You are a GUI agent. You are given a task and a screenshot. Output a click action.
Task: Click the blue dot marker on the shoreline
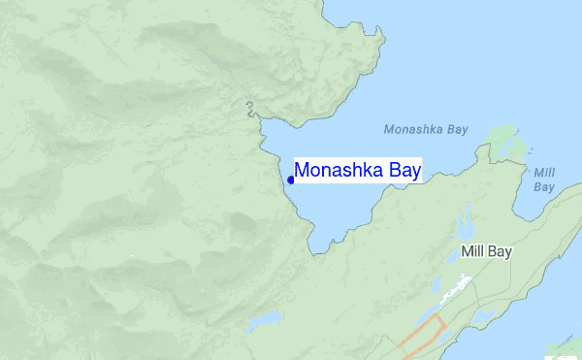point(291,180)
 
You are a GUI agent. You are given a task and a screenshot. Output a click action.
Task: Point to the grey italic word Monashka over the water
point(413,129)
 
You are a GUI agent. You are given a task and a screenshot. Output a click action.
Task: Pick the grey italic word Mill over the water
point(544,173)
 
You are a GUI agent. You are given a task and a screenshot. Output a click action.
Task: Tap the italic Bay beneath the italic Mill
point(544,186)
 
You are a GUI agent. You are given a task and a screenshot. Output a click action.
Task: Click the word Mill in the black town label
point(472,251)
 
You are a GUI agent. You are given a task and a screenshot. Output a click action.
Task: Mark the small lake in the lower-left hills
point(263,320)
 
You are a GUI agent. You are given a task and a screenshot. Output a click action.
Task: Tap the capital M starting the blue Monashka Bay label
point(302,171)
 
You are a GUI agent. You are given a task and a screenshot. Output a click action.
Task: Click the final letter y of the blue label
point(415,173)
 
